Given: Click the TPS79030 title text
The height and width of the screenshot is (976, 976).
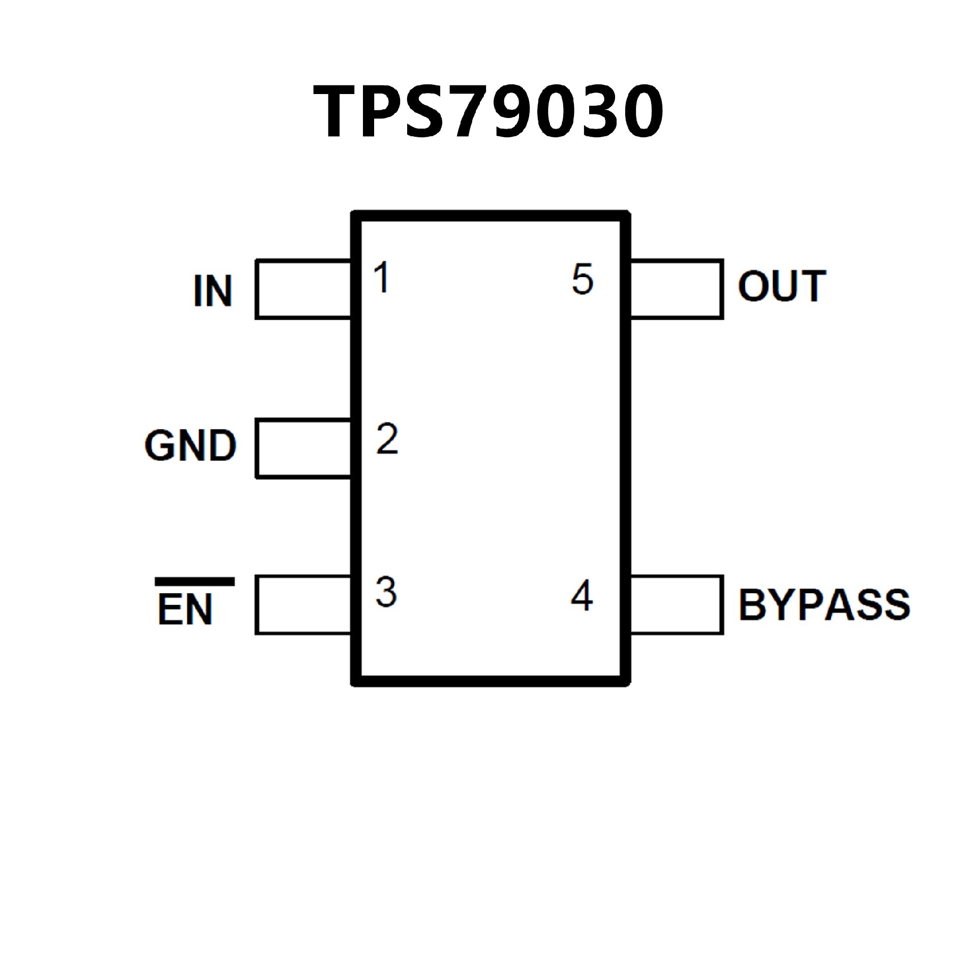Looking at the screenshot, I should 488,111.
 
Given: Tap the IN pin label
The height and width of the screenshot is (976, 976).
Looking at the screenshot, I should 213,291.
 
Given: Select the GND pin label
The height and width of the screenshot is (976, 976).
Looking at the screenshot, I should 191,445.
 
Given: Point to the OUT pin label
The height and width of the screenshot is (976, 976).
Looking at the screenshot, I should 782,286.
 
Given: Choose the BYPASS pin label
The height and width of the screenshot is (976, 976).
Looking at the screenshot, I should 824,605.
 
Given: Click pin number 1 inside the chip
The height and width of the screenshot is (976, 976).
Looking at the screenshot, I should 381,278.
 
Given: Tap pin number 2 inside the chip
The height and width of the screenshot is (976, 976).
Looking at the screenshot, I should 387,439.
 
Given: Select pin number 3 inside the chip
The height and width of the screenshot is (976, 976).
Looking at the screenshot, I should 386,592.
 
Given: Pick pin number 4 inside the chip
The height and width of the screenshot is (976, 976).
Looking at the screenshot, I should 582,596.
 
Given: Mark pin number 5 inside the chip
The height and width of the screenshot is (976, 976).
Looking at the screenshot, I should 583,279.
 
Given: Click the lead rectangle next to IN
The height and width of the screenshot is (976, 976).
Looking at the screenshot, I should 303,289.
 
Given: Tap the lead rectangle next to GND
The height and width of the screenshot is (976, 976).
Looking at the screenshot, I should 303,448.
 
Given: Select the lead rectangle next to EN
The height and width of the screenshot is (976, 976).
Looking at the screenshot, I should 303,605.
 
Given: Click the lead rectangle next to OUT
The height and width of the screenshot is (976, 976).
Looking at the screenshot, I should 676,289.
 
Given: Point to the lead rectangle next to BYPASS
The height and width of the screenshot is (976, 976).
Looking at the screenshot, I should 676,605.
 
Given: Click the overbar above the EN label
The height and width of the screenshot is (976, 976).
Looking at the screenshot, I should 195,582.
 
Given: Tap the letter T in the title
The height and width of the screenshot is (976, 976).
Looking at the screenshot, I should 340,111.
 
